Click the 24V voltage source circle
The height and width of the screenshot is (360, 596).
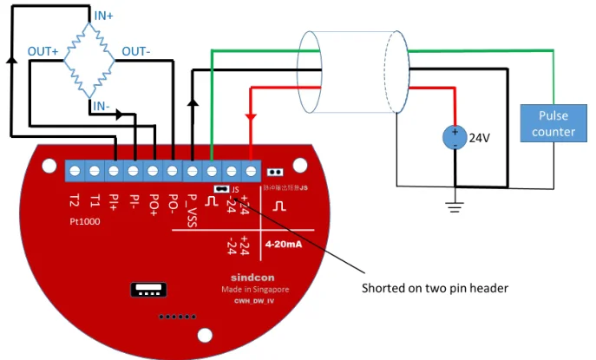coord(454,137)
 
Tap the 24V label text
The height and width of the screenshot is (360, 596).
coord(481,137)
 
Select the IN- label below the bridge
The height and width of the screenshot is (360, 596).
coord(102,106)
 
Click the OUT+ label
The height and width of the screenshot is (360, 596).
coord(44,52)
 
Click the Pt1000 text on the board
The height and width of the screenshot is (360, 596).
coord(86,221)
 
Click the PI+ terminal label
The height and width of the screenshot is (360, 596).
coord(114,202)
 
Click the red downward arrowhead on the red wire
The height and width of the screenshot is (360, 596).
coord(250,116)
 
